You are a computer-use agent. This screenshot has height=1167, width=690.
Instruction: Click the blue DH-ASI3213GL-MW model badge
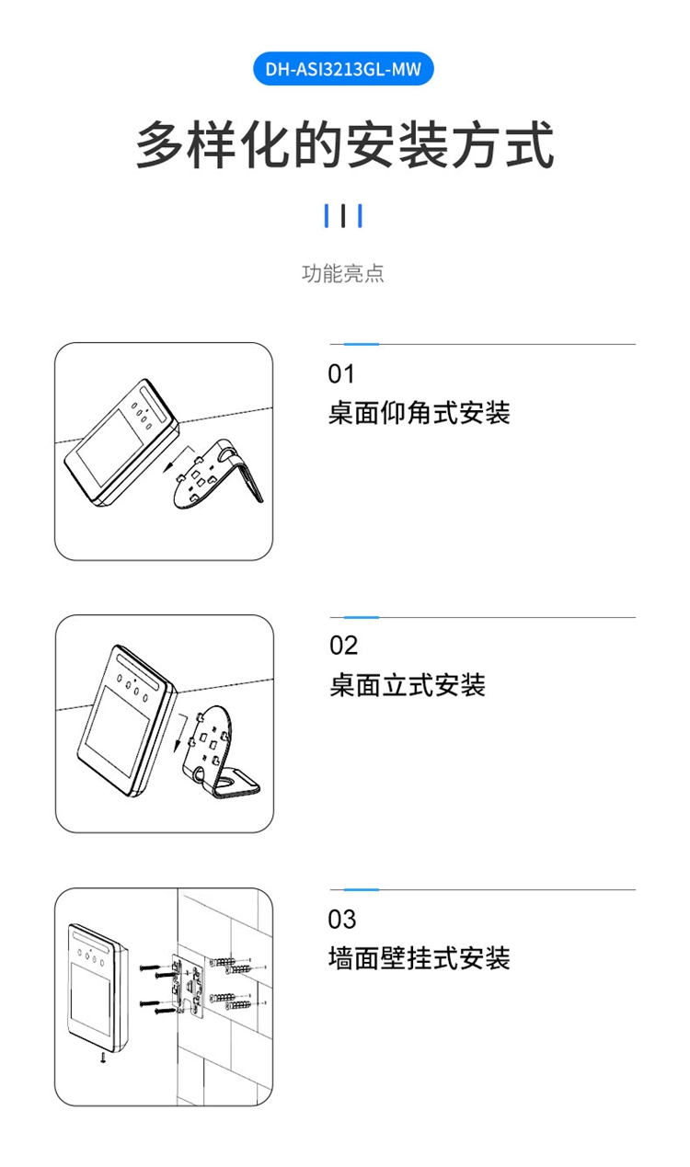343,69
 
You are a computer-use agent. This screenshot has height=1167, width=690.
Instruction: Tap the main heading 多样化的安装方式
344,144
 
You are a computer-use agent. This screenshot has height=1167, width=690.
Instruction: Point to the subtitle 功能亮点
343,273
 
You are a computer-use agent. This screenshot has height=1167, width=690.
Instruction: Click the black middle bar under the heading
343,216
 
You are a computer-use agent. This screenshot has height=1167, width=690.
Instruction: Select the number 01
341,374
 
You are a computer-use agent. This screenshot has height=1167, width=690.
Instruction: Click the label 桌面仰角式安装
419,413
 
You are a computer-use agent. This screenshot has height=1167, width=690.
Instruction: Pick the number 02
343,646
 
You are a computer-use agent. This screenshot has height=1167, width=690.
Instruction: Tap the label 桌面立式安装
408,685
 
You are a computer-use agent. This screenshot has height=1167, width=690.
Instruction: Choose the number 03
342,919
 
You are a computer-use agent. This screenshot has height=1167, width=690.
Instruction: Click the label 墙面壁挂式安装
419,958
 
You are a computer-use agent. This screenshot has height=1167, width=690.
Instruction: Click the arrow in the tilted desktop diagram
178,459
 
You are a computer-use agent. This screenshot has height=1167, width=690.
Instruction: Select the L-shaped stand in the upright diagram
218,750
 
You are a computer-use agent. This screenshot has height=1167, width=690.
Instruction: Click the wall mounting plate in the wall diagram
189,985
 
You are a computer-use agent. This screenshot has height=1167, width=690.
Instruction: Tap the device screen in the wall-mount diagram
90,999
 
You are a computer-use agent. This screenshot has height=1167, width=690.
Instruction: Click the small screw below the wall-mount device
103,1057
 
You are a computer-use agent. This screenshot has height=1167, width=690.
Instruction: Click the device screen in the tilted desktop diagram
109,447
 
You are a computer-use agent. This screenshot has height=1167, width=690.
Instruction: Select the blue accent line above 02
362,617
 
